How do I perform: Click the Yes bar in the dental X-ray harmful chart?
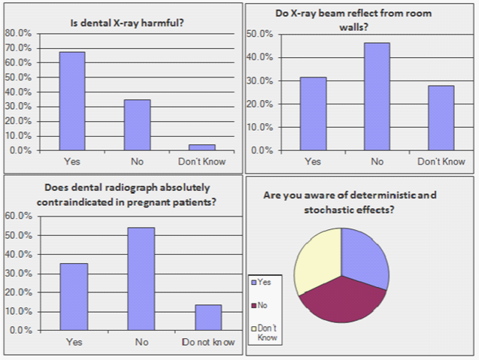pos(72,101)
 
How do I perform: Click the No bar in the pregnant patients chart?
pos(141,279)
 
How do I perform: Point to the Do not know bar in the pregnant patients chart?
pos(208,317)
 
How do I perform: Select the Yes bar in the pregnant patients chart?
pos(74,297)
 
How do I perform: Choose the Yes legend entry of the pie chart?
pos(264,283)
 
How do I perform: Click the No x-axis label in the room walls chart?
pos(377,162)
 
